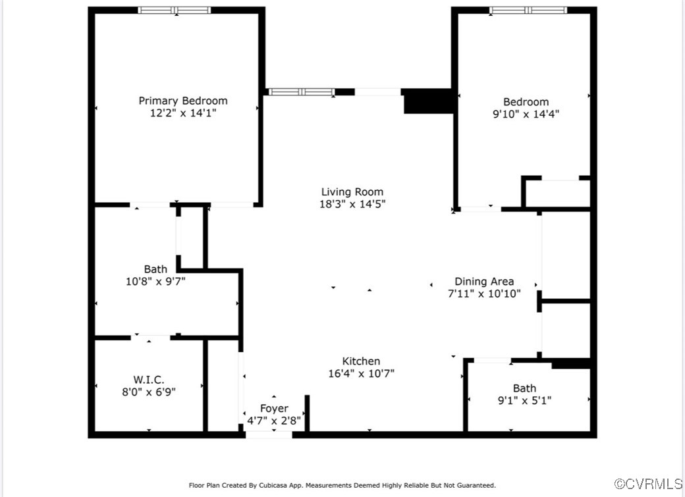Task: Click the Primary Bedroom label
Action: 182,101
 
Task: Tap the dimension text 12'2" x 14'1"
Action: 182,113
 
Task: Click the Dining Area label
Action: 484,281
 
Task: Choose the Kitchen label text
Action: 361,361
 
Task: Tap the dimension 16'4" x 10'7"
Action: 361,373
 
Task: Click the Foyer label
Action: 273,408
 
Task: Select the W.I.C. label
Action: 149,379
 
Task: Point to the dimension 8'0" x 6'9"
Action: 149,391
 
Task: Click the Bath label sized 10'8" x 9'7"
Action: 155,269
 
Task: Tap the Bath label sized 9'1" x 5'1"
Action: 524,388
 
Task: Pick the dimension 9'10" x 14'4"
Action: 526,114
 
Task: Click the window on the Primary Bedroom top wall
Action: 175,10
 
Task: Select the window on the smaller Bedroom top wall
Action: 528,10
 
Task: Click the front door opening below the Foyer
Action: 269,434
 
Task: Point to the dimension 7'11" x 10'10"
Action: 484,294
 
